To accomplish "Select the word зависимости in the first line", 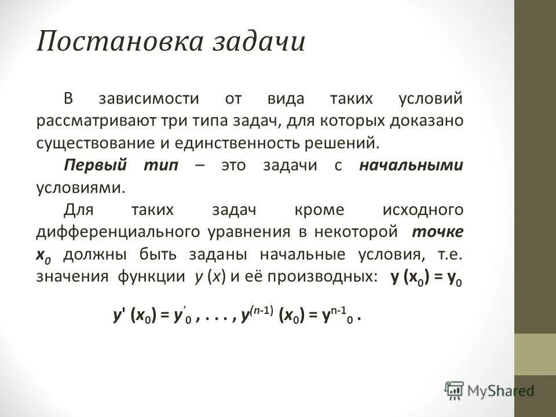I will point(156,99).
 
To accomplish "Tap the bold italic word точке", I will point(437,232).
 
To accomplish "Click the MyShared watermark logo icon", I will point(454,390).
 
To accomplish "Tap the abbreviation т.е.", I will point(451,254).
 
